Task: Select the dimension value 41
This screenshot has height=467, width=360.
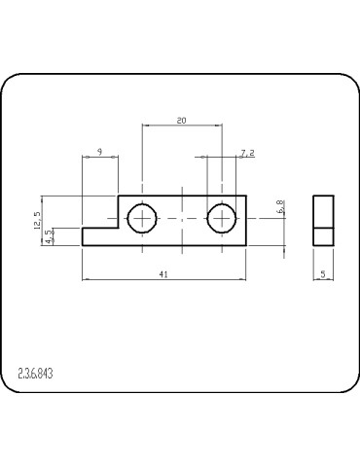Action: [163, 274]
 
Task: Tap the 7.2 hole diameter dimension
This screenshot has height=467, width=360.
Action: [246, 153]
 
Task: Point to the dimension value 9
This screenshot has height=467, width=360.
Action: [100, 153]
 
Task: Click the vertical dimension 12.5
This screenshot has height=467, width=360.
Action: [37, 220]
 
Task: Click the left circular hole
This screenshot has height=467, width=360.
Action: [143, 218]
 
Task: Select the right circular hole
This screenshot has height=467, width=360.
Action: [222, 218]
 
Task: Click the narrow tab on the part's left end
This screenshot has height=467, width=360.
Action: [99, 236]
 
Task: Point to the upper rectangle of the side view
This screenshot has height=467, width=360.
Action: [323, 211]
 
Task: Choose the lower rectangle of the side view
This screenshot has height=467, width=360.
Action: [323, 236]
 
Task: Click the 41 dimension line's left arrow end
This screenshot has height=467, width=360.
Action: [84, 280]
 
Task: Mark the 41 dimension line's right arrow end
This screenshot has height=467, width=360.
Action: [246, 280]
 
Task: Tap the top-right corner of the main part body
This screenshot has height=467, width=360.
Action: [246, 196]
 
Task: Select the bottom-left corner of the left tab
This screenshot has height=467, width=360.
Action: [83, 245]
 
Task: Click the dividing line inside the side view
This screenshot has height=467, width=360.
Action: [323, 228]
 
